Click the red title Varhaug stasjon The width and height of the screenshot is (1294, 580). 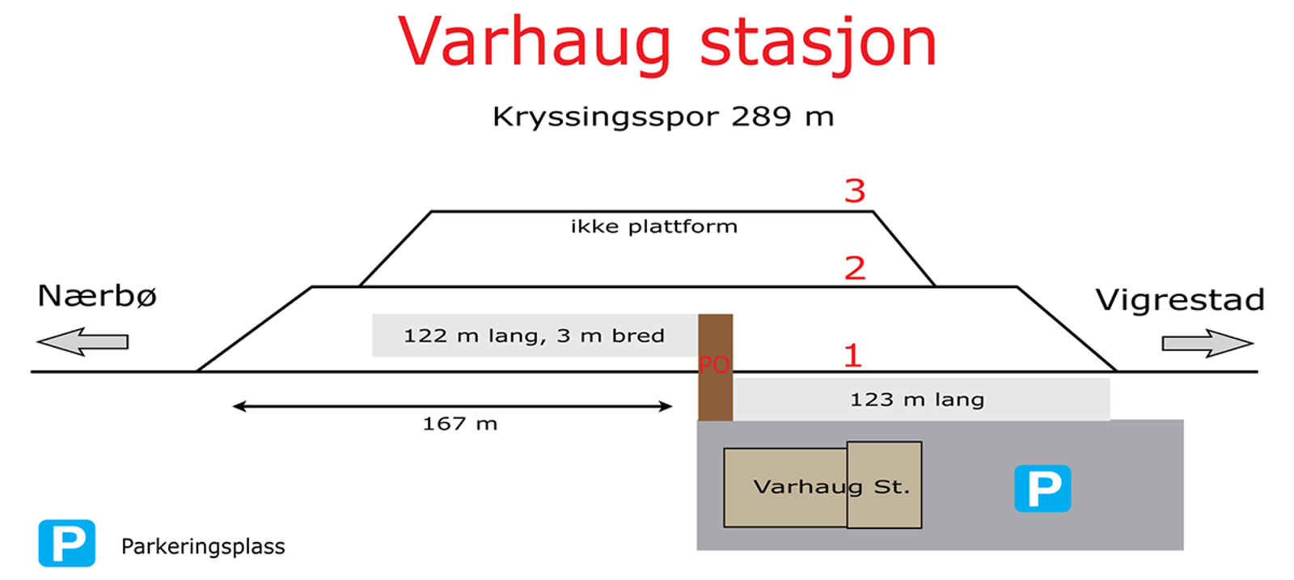point(667,44)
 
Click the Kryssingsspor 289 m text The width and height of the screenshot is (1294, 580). point(663,117)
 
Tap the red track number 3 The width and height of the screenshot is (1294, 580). point(855,191)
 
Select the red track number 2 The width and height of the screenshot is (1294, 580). point(855,268)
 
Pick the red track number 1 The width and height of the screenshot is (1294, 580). point(852,354)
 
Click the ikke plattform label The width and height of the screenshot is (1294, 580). point(654,226)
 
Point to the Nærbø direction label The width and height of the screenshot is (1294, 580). point(97,296)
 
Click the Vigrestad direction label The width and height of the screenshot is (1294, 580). point(1180,300)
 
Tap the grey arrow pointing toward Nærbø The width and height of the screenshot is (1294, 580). point(82,341)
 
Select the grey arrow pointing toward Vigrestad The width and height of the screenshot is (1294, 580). point(1207,344)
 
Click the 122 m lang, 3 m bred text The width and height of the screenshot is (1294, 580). point(534,336)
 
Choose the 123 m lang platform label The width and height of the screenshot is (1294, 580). point(917,400)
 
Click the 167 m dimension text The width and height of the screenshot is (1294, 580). point(460,424)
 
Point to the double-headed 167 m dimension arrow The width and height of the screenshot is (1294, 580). point(452,407)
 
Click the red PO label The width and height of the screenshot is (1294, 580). point(714,365)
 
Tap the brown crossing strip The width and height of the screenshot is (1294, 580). point(716,367)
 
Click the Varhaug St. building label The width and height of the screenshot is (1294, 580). point(831,487)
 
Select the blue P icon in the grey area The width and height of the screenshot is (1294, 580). point(1042,489)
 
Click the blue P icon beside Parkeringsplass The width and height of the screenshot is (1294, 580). point(67,543)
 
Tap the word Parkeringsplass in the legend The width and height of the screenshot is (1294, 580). point(203,547)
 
